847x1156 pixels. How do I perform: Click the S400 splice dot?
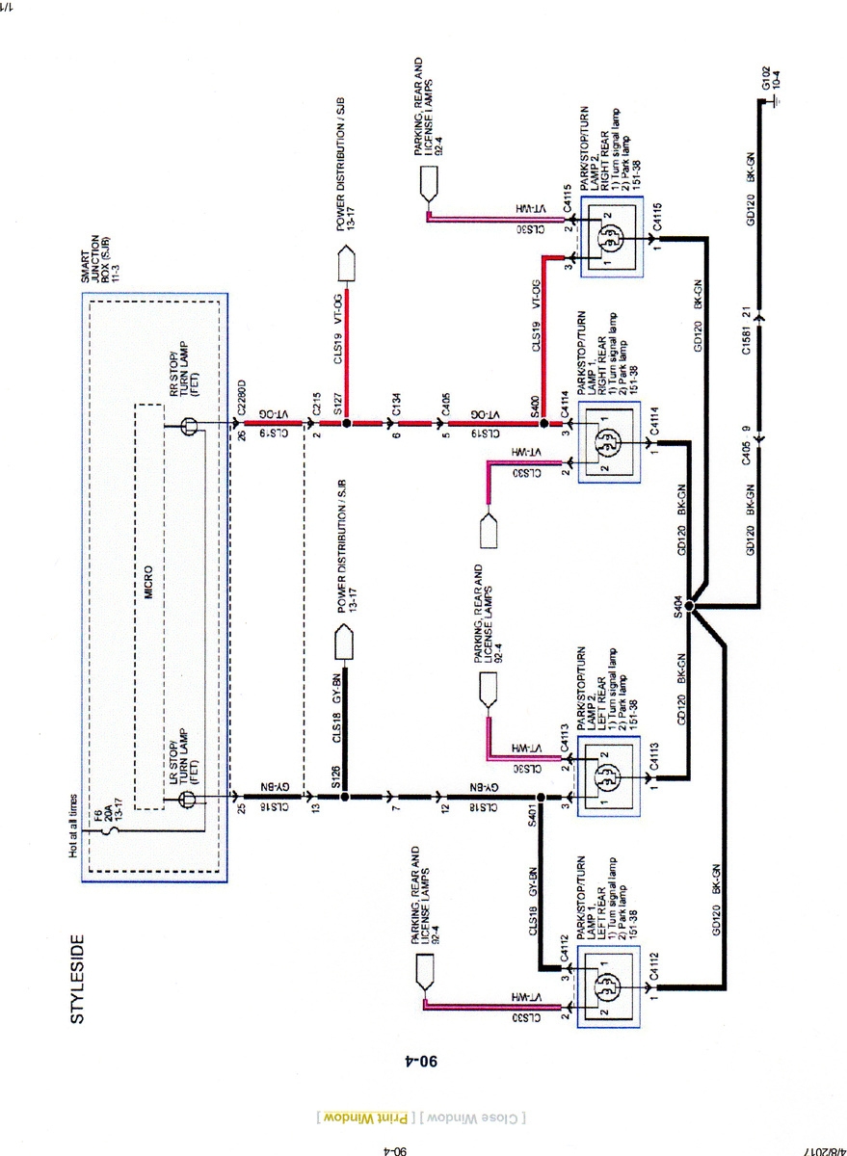point(543,423)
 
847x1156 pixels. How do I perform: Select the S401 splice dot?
point(542,797)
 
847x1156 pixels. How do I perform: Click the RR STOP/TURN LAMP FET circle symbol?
point(191,424)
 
